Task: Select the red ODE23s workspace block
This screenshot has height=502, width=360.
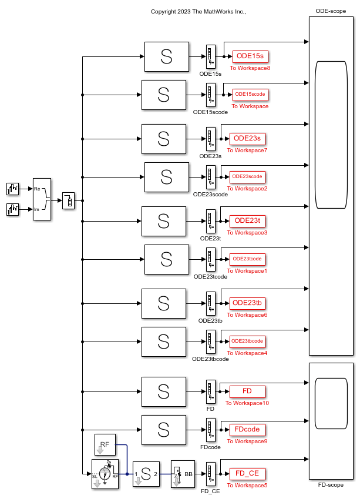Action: [x=247, y=139]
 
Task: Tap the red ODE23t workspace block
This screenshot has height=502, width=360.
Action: [x=247, y=221]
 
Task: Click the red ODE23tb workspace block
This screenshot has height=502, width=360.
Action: [x=247, y=303]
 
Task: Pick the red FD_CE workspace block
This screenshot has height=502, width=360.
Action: [x=247, y=474]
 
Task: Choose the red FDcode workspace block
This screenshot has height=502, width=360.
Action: [x=247, y=430]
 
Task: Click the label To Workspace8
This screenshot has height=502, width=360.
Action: [x=250, y=68]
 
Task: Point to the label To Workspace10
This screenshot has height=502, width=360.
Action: [x=247, y=403]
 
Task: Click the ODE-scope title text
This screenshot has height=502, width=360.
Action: [x=331, y=11]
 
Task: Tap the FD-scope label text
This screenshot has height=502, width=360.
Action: [x=331, y=486]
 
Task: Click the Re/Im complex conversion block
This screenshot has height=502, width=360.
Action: [x=42, y=199]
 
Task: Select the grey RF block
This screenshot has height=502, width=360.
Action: [x=105, y=445]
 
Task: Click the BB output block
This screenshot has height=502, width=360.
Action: [x=183, y=474]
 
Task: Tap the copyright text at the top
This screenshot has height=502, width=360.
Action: [x=198, y=11]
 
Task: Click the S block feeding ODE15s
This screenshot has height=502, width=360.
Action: [x=167, y=56]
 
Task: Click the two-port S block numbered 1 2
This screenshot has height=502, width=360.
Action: [x=146, y=474]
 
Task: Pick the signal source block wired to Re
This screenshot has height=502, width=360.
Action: [x=13, y=189]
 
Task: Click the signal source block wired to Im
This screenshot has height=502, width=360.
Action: [x=13, y=209]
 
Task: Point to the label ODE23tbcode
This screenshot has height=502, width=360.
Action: [x=210, y=359]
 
